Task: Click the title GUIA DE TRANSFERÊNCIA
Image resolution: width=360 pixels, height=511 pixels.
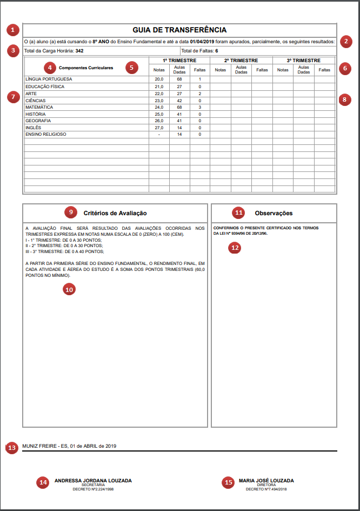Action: coord(179,30)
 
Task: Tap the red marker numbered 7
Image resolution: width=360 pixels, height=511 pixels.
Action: coord(13,97)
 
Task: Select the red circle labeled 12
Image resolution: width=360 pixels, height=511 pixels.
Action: coord(234,248)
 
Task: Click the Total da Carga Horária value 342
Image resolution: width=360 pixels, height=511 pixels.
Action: coord(79,51)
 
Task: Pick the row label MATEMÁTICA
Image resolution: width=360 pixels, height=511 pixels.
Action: coord(38,108)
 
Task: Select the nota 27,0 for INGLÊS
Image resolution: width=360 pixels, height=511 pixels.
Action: coord(159,128)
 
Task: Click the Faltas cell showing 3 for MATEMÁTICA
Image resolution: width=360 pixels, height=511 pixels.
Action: coord(200,108)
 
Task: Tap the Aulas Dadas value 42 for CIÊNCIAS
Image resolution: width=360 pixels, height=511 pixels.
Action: coord(179,101)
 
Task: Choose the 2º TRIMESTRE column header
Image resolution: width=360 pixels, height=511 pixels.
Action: coord(241,61)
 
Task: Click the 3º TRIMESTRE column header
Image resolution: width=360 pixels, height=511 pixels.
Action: coord(304,61)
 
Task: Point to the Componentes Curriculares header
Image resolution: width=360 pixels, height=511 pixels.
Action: coord(86,68)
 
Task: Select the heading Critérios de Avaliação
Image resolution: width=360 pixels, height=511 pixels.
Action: coord(115,213)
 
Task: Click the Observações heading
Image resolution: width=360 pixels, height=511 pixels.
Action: coord(274,213)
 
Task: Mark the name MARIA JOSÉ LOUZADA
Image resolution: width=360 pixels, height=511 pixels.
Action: coord(266,480)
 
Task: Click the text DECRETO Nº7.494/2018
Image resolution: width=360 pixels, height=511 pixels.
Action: coord(266,489)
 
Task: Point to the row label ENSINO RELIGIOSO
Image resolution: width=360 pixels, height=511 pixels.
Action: coord(45,134)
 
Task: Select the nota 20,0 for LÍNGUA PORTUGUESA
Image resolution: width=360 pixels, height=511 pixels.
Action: coord(159,79)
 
